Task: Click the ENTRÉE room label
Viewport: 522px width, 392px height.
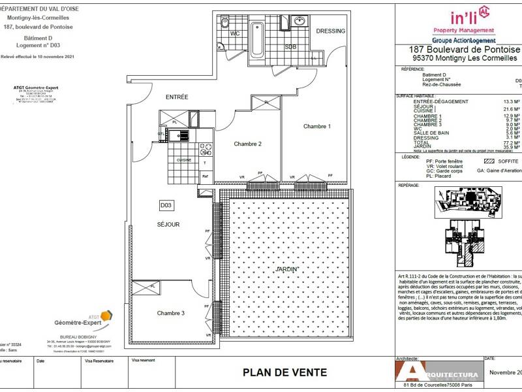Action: [176, 97]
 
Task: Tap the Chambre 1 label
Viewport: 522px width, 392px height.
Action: [316, 126]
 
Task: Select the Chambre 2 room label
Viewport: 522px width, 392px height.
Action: [230, 144]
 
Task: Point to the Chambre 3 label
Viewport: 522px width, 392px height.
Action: [171, 314]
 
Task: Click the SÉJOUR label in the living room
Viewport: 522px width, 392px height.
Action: [168, 224]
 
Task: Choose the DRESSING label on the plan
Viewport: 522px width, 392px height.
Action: [330, 31]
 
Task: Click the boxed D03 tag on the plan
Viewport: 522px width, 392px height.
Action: [166, 206]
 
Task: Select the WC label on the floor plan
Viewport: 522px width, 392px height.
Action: [236, 33]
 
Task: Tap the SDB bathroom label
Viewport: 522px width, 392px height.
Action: [290, 46]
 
